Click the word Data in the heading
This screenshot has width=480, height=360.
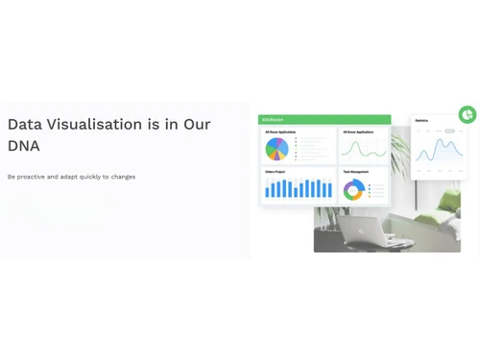[25, 125]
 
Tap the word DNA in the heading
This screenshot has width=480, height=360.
[24, 147]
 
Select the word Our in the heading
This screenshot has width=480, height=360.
[197, 125]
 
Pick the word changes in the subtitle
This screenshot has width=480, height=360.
[122, 177]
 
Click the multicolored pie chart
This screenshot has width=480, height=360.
[276, 149]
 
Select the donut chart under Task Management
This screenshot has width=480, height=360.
[353, 189]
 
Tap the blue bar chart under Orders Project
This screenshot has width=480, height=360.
[299, 188]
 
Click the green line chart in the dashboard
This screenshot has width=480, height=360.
[364, 149]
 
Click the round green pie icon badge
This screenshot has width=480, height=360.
[468, 115]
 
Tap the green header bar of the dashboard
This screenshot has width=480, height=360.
[324, 120]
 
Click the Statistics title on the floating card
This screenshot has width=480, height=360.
[421, 121]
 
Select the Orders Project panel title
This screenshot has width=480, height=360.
[276, 172]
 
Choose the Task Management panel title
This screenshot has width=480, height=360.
[355, 172]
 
